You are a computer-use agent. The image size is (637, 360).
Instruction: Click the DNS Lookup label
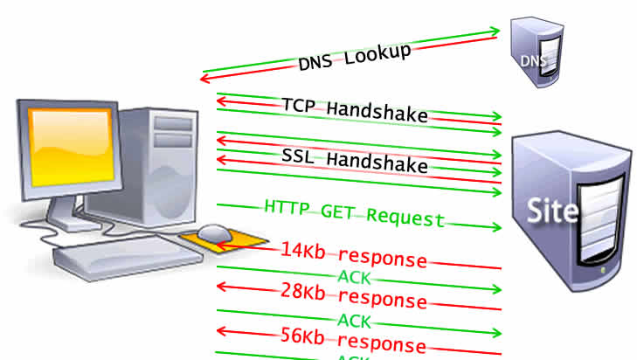coord(354,59)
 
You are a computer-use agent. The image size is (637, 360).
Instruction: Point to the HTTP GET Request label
coord(354,215)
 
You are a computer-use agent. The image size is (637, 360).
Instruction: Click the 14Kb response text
coord(354,255)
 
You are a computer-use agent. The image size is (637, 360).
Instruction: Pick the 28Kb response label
coord(354,297)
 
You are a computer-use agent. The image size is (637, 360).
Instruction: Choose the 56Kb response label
coord(354,341)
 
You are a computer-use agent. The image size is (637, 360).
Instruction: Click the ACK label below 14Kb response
coord(354,277)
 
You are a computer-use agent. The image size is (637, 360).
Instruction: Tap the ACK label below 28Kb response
coord(354,320)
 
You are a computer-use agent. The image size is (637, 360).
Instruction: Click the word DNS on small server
coord(532,61)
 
